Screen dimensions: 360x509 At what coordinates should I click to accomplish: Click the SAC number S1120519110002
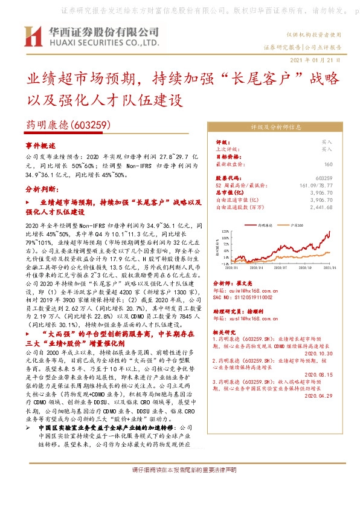coord(243,297)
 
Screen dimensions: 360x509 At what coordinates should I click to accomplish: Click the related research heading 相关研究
coord(225,332)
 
